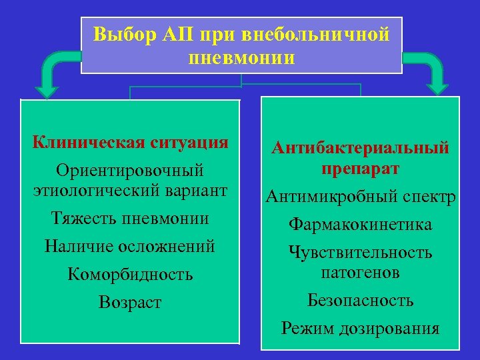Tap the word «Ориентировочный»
tap(130, 171)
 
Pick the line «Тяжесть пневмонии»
tap(131, 218)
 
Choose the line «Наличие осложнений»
tap(130, 246)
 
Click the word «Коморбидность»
tap(130, 274)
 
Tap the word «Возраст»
tap(130, 302)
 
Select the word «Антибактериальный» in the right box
tap(360, 148)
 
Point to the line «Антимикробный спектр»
tap(360, 197)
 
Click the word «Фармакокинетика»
tap(360, 225)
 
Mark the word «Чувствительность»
tap(360, 253)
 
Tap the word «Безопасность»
tap(360, 300)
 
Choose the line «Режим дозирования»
tap(360, 328)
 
